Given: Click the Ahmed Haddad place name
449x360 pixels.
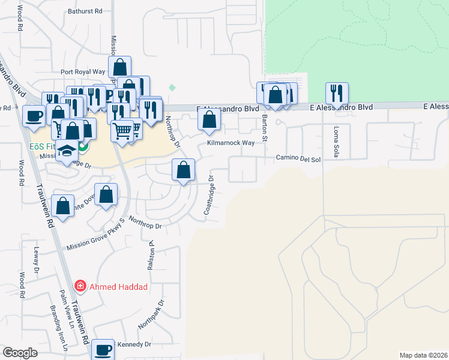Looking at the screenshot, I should pos(118,287).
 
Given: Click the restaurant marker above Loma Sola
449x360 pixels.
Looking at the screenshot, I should pos(337,93).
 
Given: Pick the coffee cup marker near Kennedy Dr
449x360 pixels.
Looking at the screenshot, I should pos(102,349).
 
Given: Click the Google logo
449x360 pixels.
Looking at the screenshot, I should pos(20,353).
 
